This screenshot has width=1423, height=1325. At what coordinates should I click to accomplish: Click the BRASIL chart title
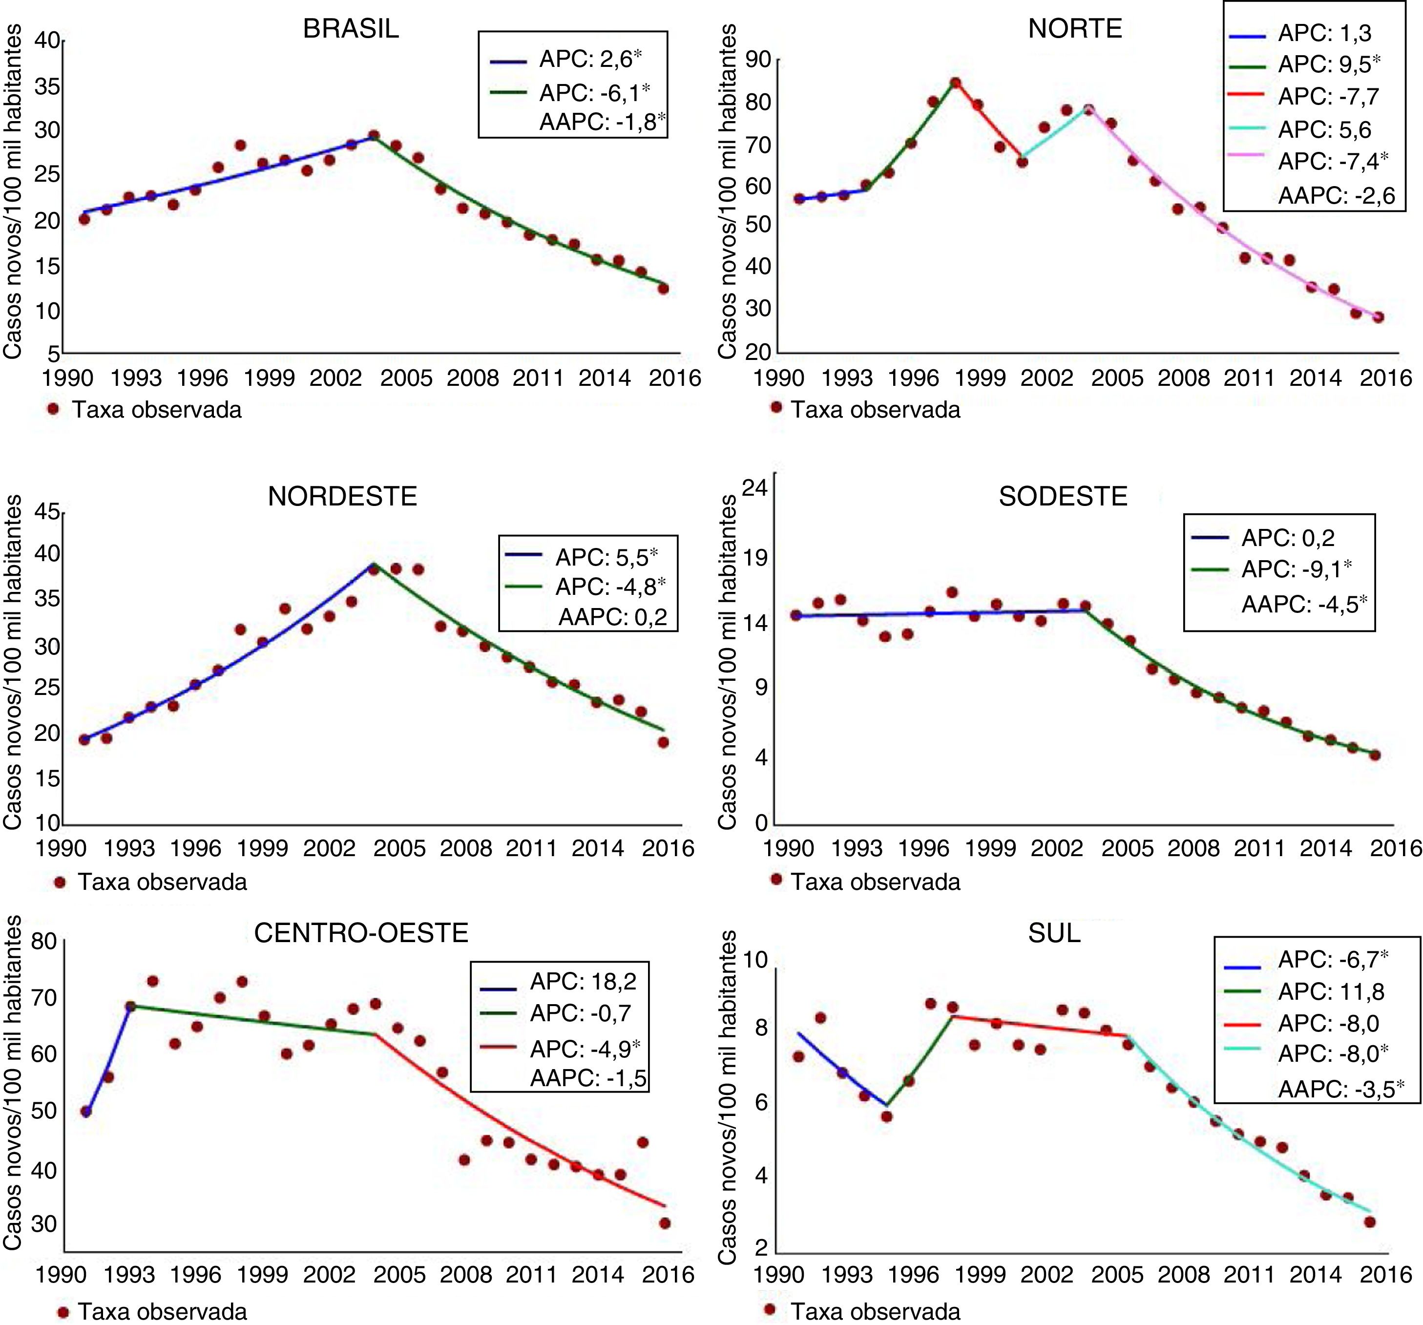pyautogui.click(x=351, y=29)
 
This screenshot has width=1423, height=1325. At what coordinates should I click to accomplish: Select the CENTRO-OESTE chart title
pyautogui.click(x=361, y=933)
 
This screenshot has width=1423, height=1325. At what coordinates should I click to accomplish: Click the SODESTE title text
pyautogui.click(x=1063, y=496)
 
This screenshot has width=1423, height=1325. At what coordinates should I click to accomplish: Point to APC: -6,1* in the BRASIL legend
pyautogui.click(x=594, y=93)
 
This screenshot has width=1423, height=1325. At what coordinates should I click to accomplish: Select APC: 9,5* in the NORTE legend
pyautogui.click(x=1329, y=64)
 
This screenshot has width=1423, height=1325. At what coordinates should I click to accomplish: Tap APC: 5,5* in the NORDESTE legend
pyautogui.click(x=606, y=556)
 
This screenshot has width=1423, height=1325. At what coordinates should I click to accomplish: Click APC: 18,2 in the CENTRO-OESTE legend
pyautogui.click(x=583, y=981)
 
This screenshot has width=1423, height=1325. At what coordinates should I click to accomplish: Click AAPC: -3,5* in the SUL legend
pyautogui.click(x=1340, y=1089)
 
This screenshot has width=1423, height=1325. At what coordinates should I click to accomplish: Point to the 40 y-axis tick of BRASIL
pyautogui.click(x=48, y=41)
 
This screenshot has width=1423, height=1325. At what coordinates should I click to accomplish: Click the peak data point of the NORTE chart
pyautogui.click(x=955, y=83)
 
